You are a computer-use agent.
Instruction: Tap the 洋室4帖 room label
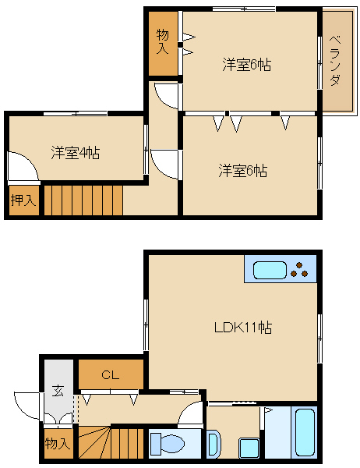point(75,153)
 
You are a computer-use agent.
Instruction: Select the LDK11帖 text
point(243,328)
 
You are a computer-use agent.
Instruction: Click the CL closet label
point(111,374)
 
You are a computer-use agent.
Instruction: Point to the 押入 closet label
point(23,200)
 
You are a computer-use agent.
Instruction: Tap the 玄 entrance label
point(58,391)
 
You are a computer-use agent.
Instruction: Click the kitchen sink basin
point(270,270)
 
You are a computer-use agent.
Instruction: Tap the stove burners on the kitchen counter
point(299,270)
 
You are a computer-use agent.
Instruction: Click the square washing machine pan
point(249,448)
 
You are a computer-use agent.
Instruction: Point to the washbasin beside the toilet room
point(214,444)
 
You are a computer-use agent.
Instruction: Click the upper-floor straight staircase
point(83,200)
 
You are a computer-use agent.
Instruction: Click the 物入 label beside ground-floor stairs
point(58,444)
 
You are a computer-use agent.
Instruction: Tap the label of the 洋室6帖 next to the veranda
point(247,65)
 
